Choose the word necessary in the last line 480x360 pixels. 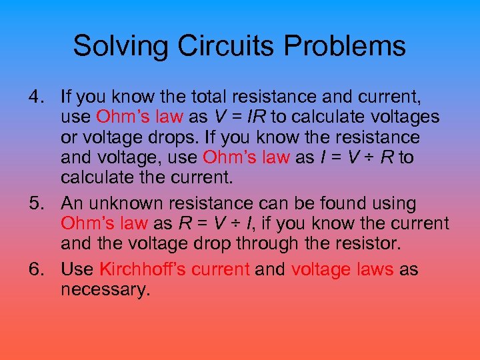[105, 290]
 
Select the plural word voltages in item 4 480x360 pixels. [400, 117]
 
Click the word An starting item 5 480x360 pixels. [71, 203]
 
